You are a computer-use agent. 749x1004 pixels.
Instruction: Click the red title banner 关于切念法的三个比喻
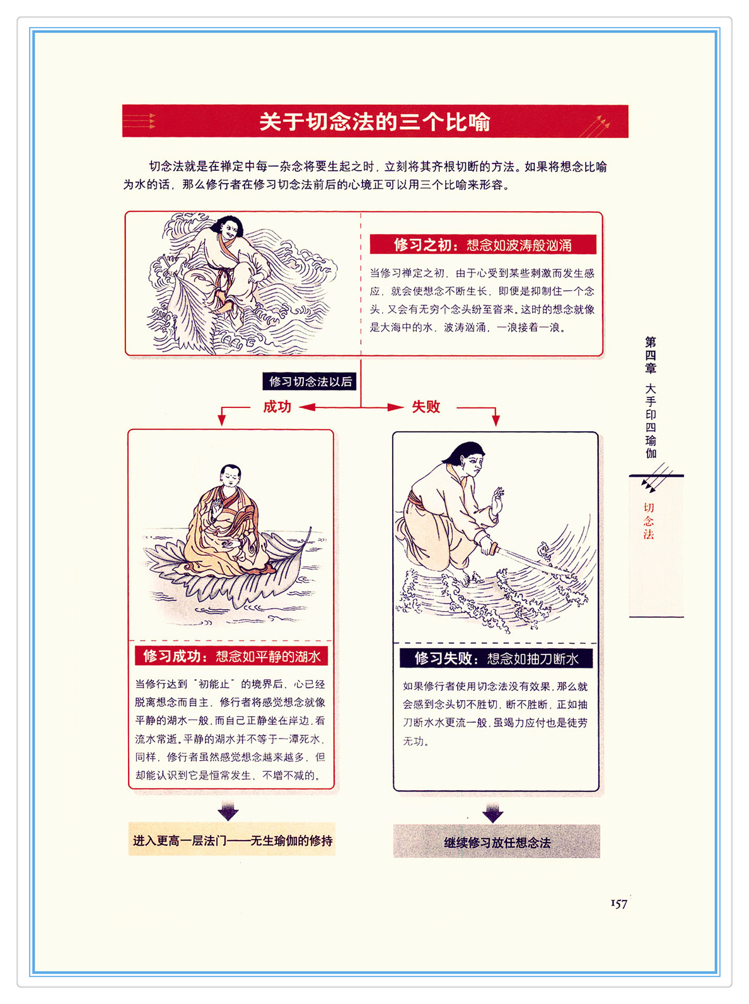click(x=375, y=121)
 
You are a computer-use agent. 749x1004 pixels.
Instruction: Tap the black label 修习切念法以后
click(x=310, y=382)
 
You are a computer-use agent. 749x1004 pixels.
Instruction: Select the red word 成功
click(x=277, y=407)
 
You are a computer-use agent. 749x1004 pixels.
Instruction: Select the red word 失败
click(x=426, y=407)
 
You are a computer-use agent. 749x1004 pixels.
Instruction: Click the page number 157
click(x=618, y=903)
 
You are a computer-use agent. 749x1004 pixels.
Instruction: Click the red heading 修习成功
click(x=172, y=657)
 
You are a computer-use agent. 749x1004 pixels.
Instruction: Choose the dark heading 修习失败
click(x=444, y=658)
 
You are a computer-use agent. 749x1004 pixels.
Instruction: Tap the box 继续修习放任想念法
click(x=497, y=841)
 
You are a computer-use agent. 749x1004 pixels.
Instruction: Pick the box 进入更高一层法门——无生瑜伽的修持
click(x=232, y=839)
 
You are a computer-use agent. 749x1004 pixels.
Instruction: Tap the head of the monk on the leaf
click(x=231, y=476)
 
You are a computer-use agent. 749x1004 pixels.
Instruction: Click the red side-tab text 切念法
click(x=648, y=521)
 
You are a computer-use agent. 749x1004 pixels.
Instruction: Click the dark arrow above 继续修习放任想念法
click(x=492, y=812)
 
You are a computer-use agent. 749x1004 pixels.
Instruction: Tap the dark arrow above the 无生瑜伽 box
click(x=228, y=810)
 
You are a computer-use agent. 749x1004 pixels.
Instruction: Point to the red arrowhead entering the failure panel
click(x=496, y=421)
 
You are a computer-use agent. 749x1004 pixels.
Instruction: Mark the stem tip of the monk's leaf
click(x=311, y=528)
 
